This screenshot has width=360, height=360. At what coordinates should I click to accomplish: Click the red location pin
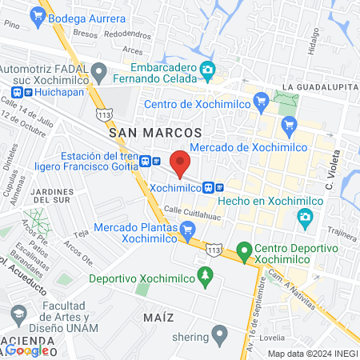click(x=180, y=162)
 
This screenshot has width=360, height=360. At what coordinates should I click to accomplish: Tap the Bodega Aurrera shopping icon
click(x=38, y=14)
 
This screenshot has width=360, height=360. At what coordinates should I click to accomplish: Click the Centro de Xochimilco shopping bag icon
click(x=260, y=102)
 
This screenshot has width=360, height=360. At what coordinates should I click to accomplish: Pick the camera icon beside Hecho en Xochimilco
click(x=304, y=217)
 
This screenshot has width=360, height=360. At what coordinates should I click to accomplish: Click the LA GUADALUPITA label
click(x=318, y=86)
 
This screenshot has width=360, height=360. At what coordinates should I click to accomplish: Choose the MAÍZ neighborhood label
click(x=159, y=317)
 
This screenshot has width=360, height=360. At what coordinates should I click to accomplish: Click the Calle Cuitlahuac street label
click(x=193, y=210)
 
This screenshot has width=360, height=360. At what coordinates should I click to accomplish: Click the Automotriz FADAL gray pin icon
click(x=99, y=73)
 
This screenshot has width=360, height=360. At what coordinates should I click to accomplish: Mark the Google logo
click(x=27, y=350)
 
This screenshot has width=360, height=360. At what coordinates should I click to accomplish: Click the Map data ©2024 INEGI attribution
click(x=310, y=354)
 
